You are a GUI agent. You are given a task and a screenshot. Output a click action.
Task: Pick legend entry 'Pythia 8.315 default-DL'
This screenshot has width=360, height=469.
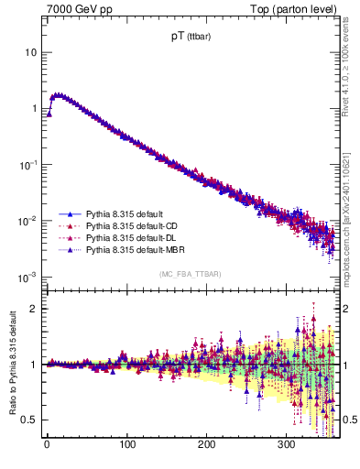click(136, 236)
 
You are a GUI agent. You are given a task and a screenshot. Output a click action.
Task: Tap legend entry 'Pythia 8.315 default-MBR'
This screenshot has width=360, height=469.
click(138, 248)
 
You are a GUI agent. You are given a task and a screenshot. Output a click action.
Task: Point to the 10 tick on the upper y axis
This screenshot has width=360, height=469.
click(29, 52)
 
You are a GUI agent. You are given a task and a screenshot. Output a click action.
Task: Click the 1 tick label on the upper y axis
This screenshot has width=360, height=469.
click(33, 109)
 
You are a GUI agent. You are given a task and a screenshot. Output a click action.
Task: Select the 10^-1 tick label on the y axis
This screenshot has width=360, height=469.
click(27, 165)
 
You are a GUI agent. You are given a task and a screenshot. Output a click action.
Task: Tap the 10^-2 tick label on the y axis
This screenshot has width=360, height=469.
click(27, 221)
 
